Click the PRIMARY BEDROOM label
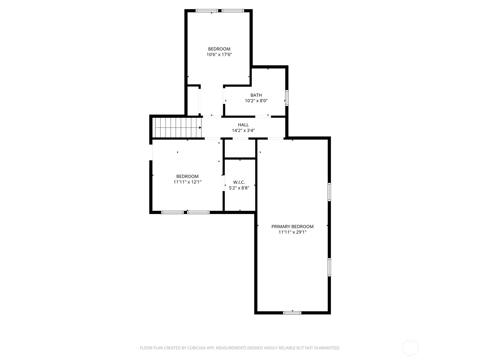[x=292, y=227]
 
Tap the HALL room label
[x=243, y=125]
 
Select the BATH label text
[x=256, y=95]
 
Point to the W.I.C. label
[x=239, y=182]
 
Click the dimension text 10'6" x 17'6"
[x=219, y=54]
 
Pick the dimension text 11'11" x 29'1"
[x=292, y=232]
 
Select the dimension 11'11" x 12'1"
[x=187, y=182]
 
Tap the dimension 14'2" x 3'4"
[x=243, y=130]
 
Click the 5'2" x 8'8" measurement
[x=239, y=188]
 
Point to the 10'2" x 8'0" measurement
[x=256, y=101]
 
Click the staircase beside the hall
[x=177, y=128]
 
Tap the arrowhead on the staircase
[x=200, y=128]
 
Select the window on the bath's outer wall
[x=287, y=98]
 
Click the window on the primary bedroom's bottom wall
[x=292, y=313]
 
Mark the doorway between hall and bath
[x=263, y=116]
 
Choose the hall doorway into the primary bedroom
[x=275, y=138]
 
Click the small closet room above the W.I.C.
[x=240, y=148]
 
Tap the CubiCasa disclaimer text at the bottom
[x=240, y=348]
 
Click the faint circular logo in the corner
[x=410, y=348]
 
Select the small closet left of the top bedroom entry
[x=193, y=100]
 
